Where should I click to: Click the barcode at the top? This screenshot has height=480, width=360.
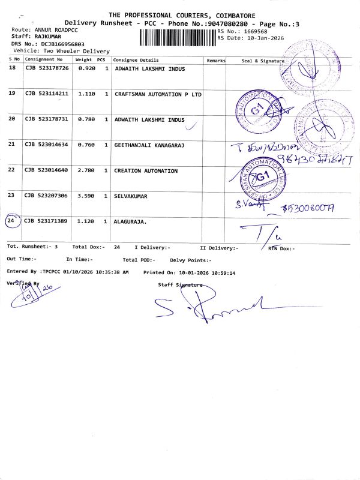[177, 37]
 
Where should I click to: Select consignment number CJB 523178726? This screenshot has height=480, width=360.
[47, 69]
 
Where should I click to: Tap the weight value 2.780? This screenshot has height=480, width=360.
[88, 171]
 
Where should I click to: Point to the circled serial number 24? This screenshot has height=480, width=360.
[11, 221]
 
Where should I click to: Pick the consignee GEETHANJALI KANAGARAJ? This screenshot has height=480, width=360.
[148, 145]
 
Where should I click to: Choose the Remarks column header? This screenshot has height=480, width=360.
[216, 61]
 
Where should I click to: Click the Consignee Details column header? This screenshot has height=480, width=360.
[136, 60]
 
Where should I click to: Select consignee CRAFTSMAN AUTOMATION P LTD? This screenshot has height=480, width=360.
[158, 94]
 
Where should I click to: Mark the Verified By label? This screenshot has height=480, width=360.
[23, 283]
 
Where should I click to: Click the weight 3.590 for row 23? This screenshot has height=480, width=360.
[88, 196]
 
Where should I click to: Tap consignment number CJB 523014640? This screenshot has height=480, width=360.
[47, 171]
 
